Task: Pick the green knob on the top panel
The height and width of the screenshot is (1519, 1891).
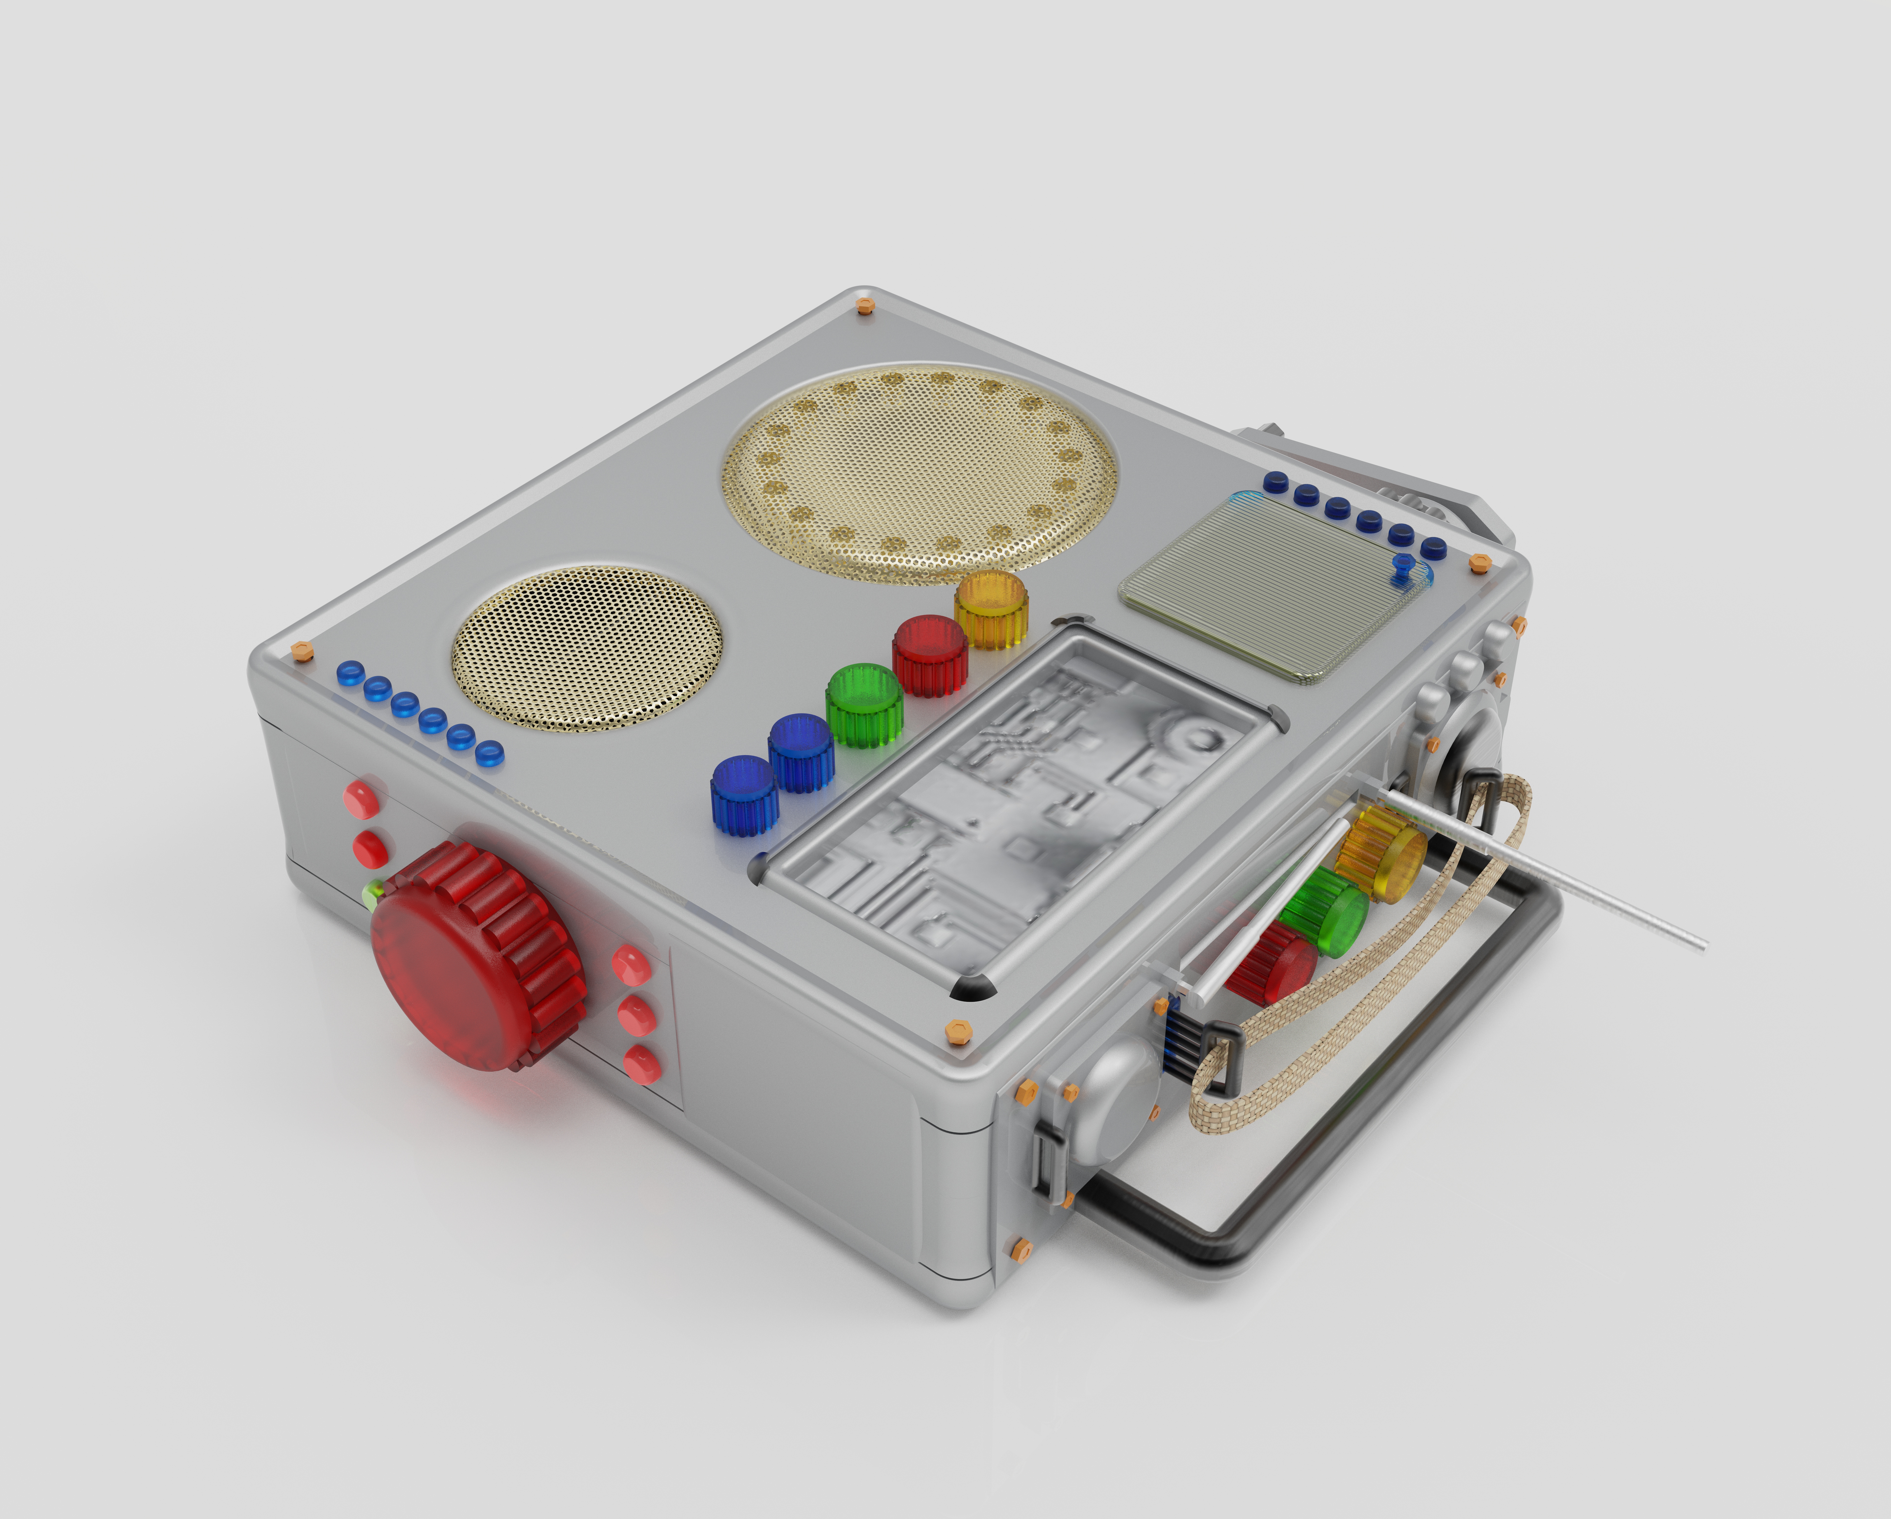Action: pos(864,704)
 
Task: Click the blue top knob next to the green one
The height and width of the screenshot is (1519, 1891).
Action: pos(801,753)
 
